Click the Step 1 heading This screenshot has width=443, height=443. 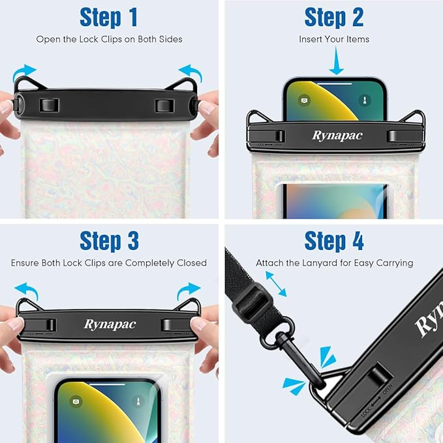coord(109,18)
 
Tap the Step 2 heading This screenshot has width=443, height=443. coord(334,18)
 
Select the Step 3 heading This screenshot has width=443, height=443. coord(109,241)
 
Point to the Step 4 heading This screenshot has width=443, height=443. coord(334,241)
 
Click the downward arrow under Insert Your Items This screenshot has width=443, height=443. coord(336,63)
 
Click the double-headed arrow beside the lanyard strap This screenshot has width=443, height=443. coord(275,284)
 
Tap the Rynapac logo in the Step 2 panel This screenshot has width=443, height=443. coord(337,136)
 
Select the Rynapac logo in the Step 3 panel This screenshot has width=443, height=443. coord(110,324)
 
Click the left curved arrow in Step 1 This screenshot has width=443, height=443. coord(26,72)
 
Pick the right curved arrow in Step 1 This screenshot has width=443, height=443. coord(191,72)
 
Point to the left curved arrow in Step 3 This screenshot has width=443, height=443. coord(26,288)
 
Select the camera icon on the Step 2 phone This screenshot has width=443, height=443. coord(304,100)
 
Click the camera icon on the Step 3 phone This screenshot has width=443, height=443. coord(76,402)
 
